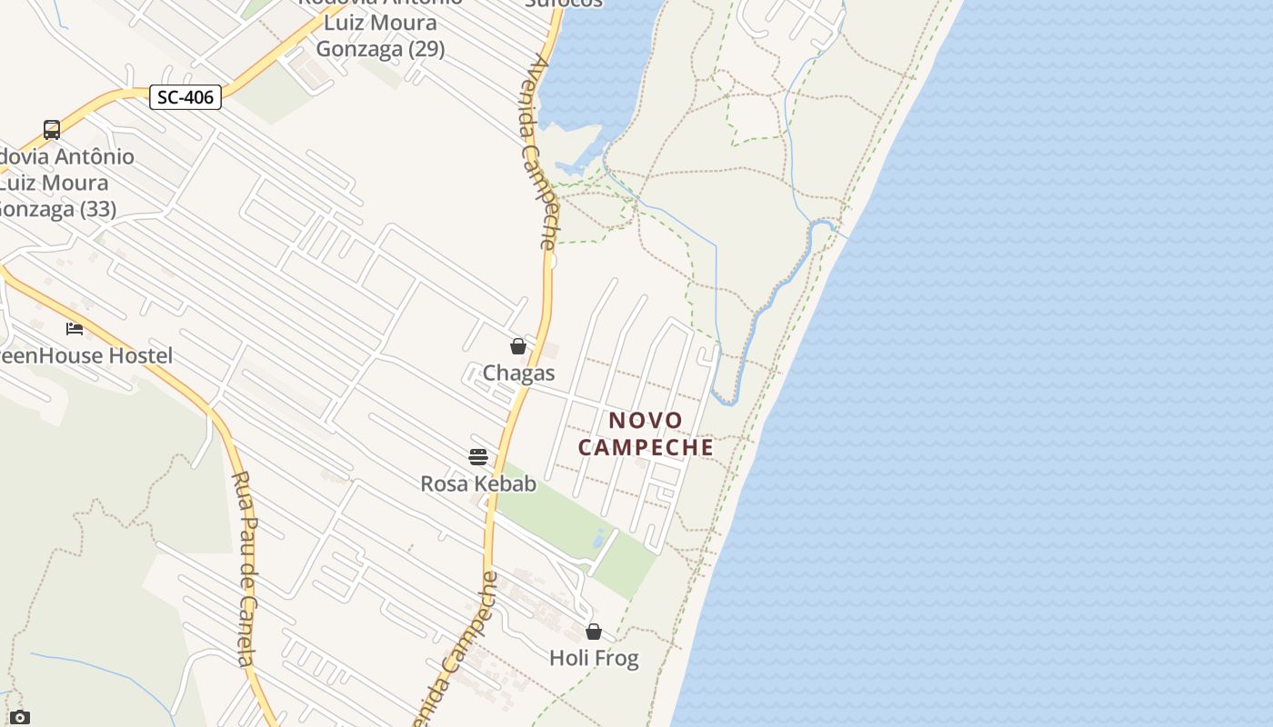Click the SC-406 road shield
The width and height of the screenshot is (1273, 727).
pos(185,97)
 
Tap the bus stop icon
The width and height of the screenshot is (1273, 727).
pos(52,130)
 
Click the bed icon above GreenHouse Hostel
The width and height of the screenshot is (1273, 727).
pos(75,328)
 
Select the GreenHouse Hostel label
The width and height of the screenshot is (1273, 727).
pos(85,355)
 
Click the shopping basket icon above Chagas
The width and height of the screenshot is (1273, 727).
pos(518,346)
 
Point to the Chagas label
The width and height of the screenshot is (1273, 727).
pos(518,373)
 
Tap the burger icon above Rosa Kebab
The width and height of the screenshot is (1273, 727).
pos(478,456)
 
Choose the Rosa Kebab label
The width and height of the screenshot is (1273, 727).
pos(478,483)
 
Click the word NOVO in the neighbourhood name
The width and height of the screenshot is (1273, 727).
pos(646,421)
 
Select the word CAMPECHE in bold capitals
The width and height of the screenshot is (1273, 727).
pos(646,448)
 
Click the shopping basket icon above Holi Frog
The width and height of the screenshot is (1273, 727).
pos(594,632)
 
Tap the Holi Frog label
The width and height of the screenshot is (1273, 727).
pos(594,658)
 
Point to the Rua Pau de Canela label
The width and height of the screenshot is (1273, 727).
pos(244,568)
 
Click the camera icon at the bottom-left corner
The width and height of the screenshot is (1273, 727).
pos(20,718)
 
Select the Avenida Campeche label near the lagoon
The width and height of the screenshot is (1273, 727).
pos(541,153)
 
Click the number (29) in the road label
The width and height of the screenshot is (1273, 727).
pos(426,49)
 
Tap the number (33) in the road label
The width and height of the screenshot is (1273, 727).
pos(97,209)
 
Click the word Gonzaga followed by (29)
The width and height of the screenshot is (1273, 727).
pos(357,49)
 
